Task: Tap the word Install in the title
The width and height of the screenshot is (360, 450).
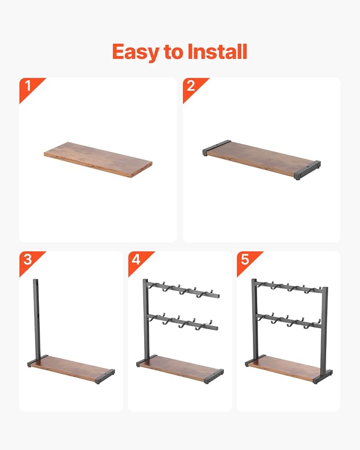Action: click(217, 51)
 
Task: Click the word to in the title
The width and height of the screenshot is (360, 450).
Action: click(174, 52)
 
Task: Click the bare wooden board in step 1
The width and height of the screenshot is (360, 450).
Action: click(98, 160)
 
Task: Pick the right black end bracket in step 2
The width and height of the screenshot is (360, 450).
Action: click(307, 170)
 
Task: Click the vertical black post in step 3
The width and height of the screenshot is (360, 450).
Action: click(37, 319)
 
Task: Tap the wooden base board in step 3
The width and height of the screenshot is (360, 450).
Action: click(71, 369)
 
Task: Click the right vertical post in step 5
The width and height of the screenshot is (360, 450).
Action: click(324, 330)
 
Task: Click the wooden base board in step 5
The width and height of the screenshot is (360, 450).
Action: click(288, 369)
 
